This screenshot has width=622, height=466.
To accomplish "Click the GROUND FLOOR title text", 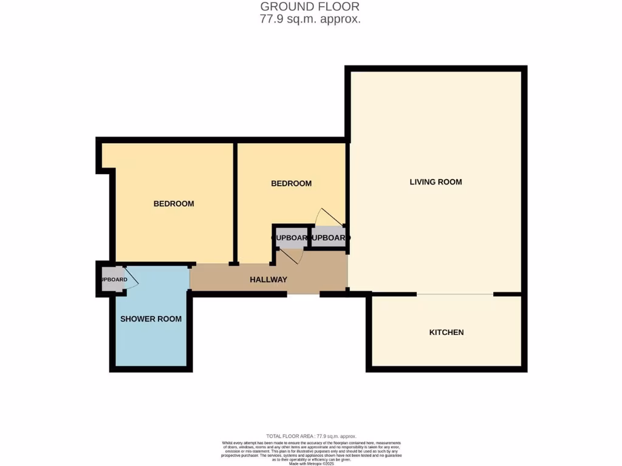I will (310, 7).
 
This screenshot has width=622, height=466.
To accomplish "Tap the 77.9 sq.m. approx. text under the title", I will (310, 19).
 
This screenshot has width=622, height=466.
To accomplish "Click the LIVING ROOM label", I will (436, 181).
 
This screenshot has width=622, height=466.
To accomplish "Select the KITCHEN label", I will (446, 332).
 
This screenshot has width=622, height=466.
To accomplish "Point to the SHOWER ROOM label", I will (151, 319).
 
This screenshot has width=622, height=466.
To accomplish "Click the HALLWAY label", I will (268, 280).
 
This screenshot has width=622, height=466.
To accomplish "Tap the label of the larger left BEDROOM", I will (174, 203).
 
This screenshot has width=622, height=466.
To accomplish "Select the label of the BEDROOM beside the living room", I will (291, 183).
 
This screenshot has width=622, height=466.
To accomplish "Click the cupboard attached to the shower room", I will (112, 280).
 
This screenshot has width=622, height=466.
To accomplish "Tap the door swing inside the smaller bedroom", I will (328, 218).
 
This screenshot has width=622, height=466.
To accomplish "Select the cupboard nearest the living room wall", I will (329, 237).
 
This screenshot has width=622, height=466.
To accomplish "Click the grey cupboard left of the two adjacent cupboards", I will (290, 237).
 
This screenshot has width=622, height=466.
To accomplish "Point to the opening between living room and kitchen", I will (455, 294).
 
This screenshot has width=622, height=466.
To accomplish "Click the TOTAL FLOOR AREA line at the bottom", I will (311, 436).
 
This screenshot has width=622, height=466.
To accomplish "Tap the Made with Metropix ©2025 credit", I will (311, 464).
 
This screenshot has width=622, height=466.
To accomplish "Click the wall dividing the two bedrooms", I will (235, 203).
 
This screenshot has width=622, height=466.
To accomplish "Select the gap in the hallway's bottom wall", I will (302, 295).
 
